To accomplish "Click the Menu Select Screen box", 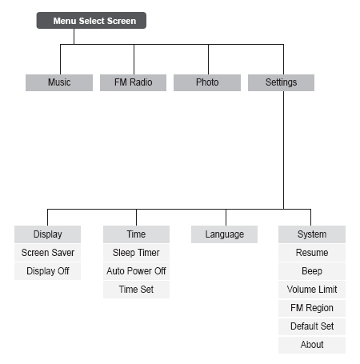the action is point(91,20).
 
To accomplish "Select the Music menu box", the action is point(59,82).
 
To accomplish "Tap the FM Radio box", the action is point(133,82).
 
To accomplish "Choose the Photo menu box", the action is point(207,82).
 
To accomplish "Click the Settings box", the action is point(281,82).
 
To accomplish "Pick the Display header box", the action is point(47,234).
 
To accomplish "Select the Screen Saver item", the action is point(47,253).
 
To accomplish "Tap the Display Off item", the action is point(47,271).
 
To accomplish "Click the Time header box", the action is point(136,234).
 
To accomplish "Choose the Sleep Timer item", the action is point(136,253).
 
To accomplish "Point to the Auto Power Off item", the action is point(136,271).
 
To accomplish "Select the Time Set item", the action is point(136,290).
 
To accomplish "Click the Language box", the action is point(224,234).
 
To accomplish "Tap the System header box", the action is point(312,234).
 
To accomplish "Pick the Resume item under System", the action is point(312,253).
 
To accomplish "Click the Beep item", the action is point(312,271).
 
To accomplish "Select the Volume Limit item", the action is point(312,290).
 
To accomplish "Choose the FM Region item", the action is point(312,308).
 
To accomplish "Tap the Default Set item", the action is point(312,326).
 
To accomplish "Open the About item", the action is point(312,345).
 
